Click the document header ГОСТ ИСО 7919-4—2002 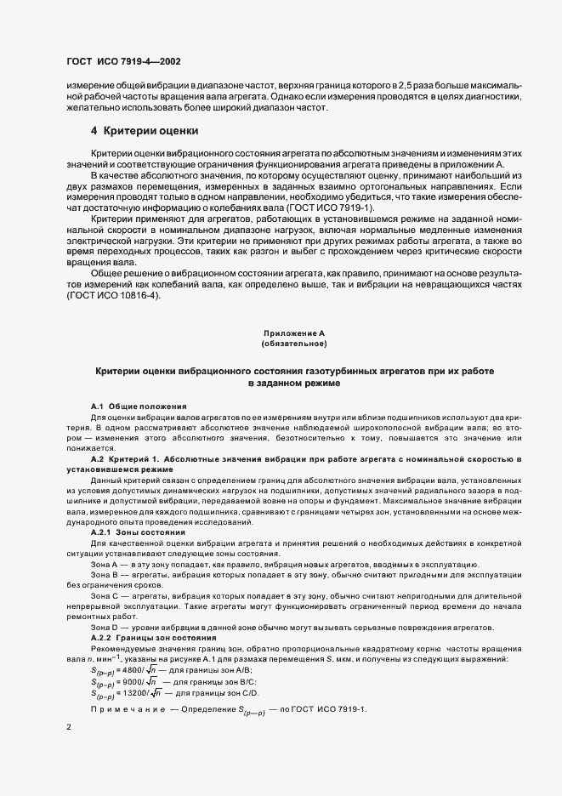coord(123,62)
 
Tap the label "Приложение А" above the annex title coord(294,333)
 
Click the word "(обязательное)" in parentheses coord(294,344)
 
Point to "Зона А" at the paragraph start coord(104,564)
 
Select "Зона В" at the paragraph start coord(104,575)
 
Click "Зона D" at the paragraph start coord(104,627)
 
